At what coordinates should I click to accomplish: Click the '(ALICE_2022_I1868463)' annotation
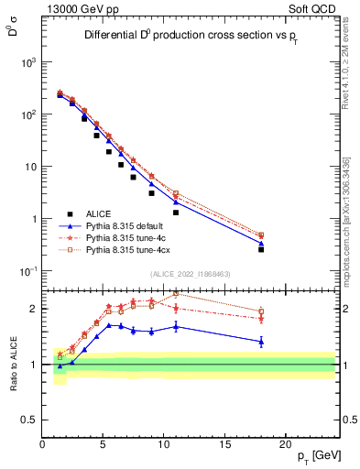[x=191, y=274]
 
